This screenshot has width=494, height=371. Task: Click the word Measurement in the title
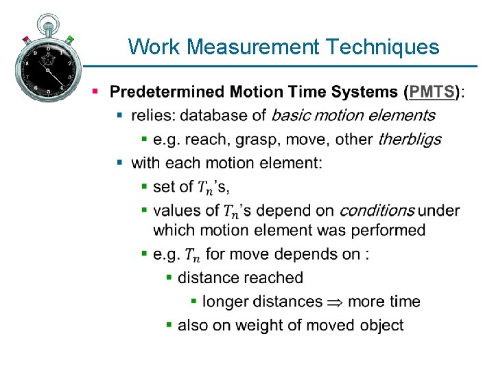[252, 47]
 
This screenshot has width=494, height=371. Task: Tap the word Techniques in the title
[383, 47]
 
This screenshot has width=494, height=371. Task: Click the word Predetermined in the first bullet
[167, 91]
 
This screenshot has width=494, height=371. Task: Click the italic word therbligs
[410, 139]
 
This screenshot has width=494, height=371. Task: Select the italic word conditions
[377, 210]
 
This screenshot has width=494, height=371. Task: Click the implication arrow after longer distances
[336, 302]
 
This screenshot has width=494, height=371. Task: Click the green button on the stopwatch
[70, 40]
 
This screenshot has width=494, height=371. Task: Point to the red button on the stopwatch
[26, 39]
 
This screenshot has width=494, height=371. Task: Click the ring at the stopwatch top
[47, 21]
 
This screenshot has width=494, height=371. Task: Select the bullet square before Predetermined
[96, 91]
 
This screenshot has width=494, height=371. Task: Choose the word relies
[152, 115]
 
